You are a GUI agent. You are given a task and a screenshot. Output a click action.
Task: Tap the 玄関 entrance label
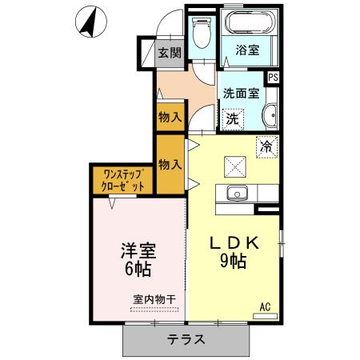click(168, 54)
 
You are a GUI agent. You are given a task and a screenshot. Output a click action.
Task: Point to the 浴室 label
click(247, 50)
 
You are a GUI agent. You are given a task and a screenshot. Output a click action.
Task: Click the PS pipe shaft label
click(274, 78)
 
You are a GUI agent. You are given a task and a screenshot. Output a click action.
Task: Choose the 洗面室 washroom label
click(241, 93)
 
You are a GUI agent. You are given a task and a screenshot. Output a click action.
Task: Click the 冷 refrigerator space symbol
click(267, 146)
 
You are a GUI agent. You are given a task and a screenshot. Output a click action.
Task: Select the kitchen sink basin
click(236, 193)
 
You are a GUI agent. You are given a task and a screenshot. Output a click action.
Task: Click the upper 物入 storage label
click(169, 117)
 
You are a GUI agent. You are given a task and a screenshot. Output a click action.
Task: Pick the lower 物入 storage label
click(169, 164)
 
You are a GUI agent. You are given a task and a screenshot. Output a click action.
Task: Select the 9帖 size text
click(234, 262)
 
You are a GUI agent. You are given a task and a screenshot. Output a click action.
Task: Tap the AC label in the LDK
click(265, 305)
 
